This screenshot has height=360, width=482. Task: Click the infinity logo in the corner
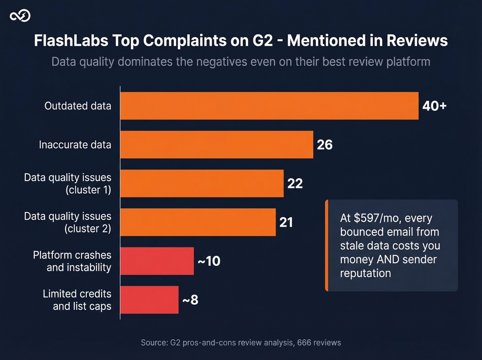(20, 16)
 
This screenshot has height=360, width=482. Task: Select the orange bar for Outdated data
(269, 106)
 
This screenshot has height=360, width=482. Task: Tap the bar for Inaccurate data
(217, 145)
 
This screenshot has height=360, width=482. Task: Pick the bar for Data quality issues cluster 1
(202, 183)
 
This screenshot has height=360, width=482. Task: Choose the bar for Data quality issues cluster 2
(198, 222)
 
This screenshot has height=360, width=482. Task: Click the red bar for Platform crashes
(157, 261)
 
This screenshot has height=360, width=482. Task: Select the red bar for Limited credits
(149, 300)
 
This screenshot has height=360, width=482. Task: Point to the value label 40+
(434, 106)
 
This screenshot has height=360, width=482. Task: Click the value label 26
(325, 145)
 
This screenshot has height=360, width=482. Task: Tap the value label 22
(295, 183)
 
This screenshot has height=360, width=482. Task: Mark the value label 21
(286, 222)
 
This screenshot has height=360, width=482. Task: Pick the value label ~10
(209, 261)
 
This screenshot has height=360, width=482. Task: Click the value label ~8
(190, 300)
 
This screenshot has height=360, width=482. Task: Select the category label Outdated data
(78, 106)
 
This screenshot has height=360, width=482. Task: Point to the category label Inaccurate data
(75, 145)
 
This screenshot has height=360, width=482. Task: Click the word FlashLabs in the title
(71, 41)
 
